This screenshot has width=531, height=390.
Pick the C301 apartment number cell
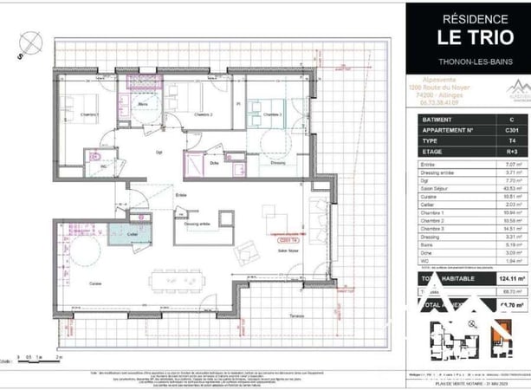point(511,129)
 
